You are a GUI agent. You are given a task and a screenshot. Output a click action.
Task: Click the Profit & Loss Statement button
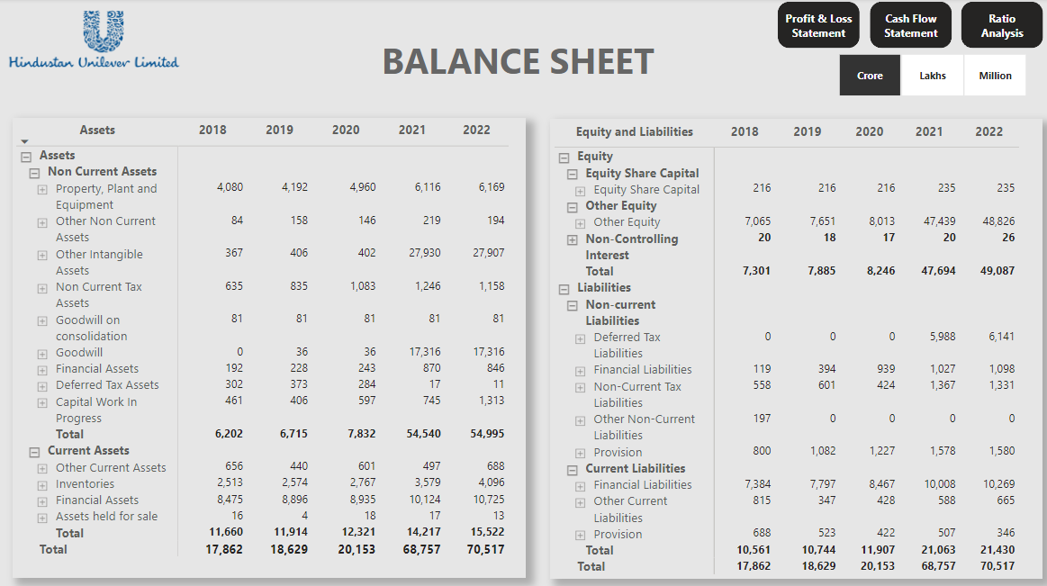(818, 25)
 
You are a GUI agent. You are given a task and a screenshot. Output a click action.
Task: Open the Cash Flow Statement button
(910, 25)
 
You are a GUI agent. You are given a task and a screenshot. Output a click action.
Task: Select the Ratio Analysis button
(1002, 25)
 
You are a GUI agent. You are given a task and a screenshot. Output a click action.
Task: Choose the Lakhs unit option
(933, 76)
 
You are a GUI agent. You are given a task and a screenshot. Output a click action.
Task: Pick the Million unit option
(995, 76)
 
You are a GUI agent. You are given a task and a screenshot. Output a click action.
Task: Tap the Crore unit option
(870, 76)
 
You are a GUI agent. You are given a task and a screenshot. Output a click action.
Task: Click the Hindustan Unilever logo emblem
(103, 31)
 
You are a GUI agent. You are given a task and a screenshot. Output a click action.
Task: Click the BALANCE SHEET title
(518, 61)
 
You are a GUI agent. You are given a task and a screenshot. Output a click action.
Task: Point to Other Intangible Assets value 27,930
(424, 253)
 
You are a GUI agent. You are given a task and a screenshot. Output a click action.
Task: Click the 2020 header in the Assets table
(346, 130)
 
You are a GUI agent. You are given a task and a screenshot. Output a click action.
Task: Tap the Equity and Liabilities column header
(635, 131)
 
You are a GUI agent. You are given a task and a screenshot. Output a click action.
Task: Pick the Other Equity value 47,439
(940, 221)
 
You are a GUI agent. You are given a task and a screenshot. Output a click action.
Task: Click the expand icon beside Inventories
(42, 484)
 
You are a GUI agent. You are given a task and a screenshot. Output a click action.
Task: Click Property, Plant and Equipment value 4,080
(230, 187)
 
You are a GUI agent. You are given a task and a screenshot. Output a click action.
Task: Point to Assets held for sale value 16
(237, 516)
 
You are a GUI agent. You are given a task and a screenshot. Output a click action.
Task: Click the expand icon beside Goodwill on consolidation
(42, 320)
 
